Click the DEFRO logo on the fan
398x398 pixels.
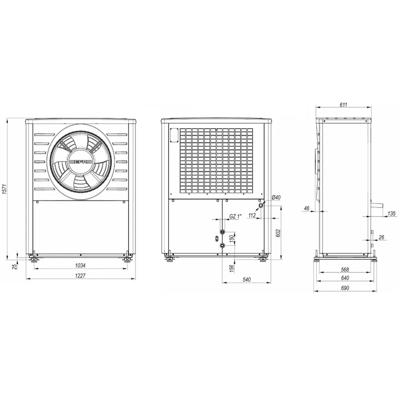[81, 162]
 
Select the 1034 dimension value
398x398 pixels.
[80, 266]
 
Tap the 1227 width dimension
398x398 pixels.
[80, 276]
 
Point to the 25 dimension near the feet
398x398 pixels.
[15, 266]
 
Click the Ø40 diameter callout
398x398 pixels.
[276, 198]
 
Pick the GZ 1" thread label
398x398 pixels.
[235, 216]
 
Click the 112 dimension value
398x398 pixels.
[252, 215]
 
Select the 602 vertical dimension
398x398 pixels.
[278, 233]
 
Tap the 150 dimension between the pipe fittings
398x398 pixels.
[231, 239]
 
